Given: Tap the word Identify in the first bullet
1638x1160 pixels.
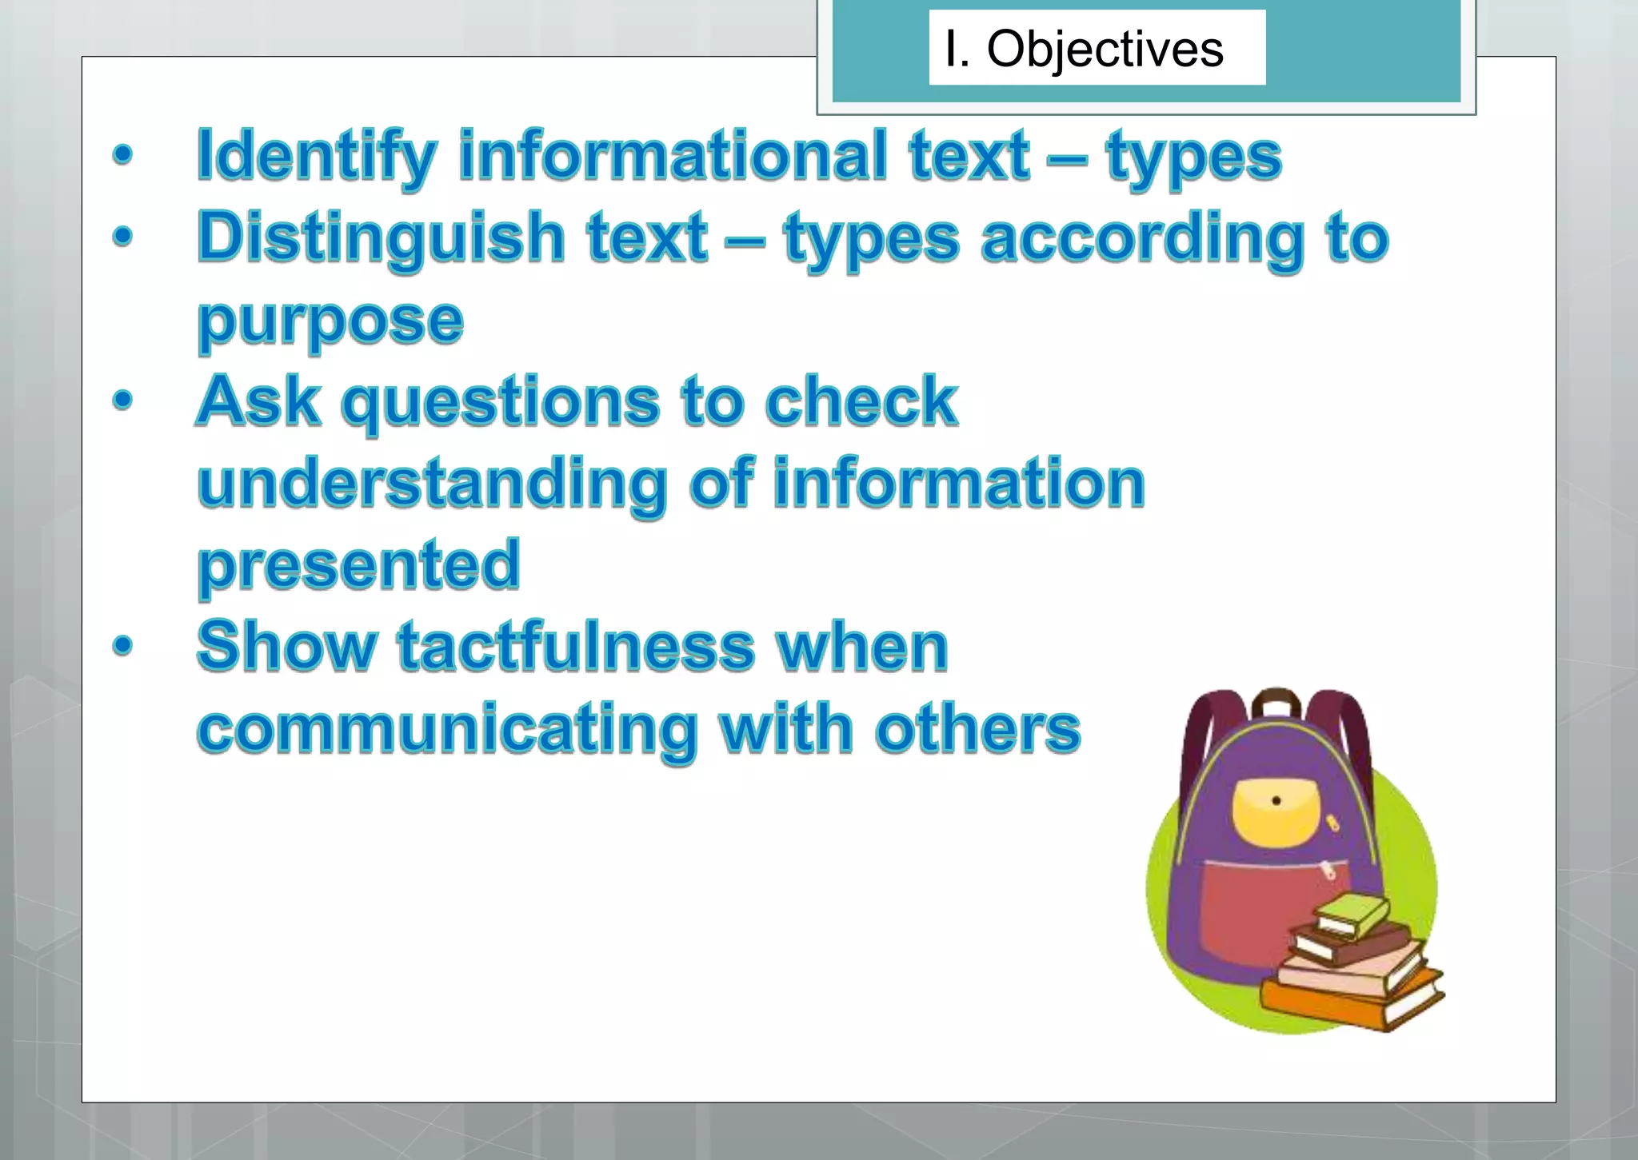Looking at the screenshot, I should (317, 156).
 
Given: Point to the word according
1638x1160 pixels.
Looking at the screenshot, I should (1144, 238).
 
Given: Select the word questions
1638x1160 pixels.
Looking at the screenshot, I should (501, 401).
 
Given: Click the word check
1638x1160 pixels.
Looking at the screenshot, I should (861, 401).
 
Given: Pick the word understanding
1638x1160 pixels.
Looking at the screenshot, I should (432, 484).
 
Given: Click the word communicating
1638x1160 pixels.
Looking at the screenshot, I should (448, 729).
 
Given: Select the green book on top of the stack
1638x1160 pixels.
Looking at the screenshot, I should (1352, 914).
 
